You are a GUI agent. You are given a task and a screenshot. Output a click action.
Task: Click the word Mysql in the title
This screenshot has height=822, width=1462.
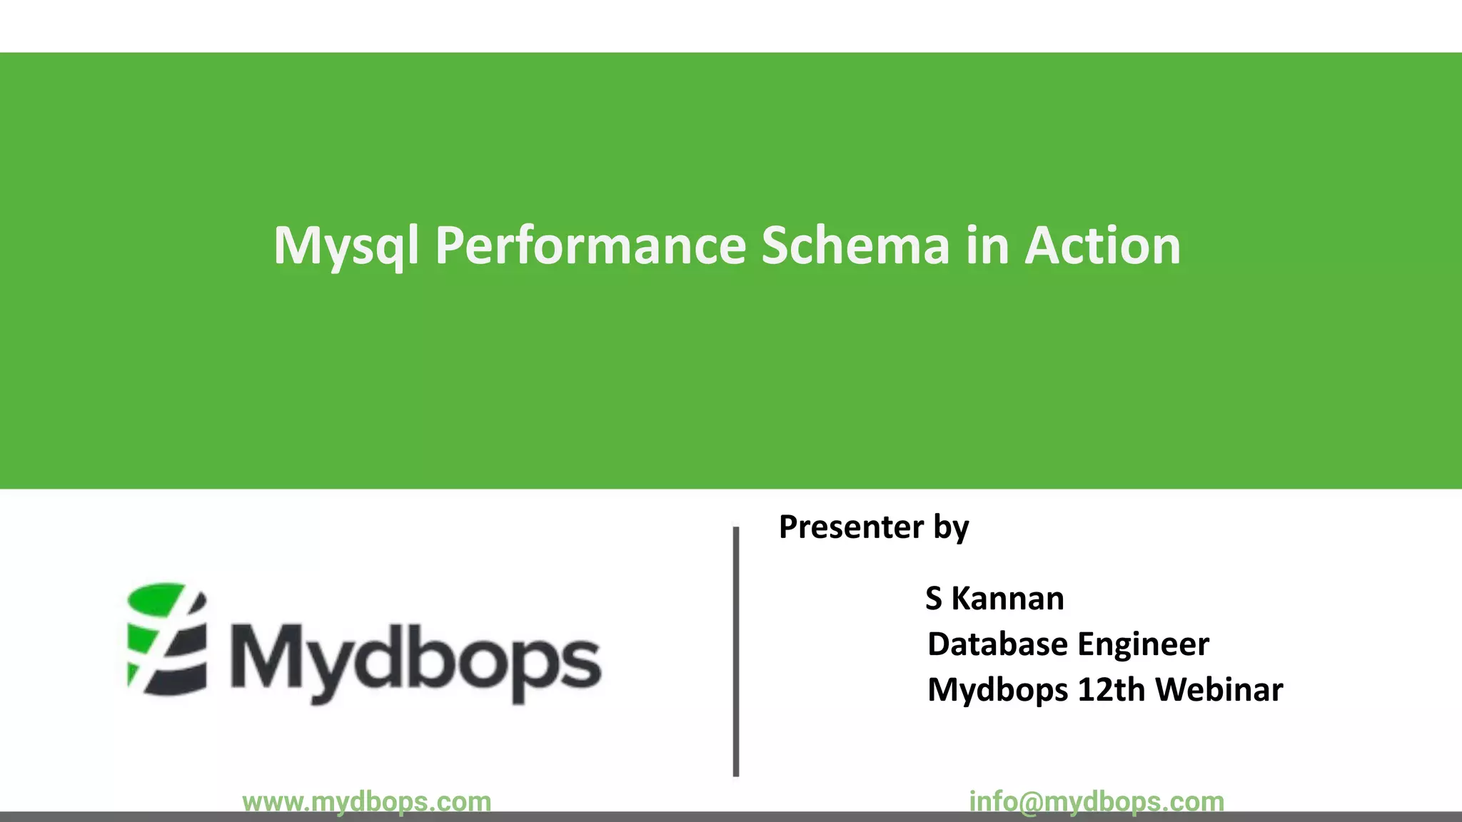click(x=346, y=246)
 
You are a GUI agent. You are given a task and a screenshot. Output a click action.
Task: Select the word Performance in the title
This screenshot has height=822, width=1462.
click(x=590, y=246)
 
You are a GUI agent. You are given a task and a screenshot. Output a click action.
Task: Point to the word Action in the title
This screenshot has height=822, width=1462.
click(x=1103, y=246)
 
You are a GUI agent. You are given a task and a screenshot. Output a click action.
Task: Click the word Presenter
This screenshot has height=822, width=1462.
click(x=851, y=527)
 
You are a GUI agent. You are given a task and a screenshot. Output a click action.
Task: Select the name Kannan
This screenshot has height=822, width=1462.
click(x=1007, y=598)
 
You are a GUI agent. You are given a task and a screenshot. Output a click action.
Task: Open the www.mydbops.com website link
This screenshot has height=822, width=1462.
click(x=367, y=801)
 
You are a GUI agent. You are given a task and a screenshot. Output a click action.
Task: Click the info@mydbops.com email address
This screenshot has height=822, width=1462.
click(x=1096, y=801)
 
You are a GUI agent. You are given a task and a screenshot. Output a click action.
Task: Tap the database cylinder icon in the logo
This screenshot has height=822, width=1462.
click(x=167, y=639)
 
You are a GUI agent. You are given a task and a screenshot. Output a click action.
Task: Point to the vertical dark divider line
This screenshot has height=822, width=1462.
click(x=736, y=651)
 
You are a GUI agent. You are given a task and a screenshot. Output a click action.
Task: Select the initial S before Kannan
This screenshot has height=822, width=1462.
click(x=934, y=598)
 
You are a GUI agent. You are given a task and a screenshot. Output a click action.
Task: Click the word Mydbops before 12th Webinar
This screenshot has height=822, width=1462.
click(x=997, y=690)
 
